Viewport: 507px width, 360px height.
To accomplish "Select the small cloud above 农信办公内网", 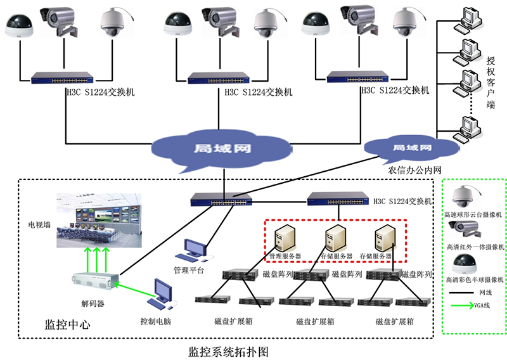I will [x=411, y=148].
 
